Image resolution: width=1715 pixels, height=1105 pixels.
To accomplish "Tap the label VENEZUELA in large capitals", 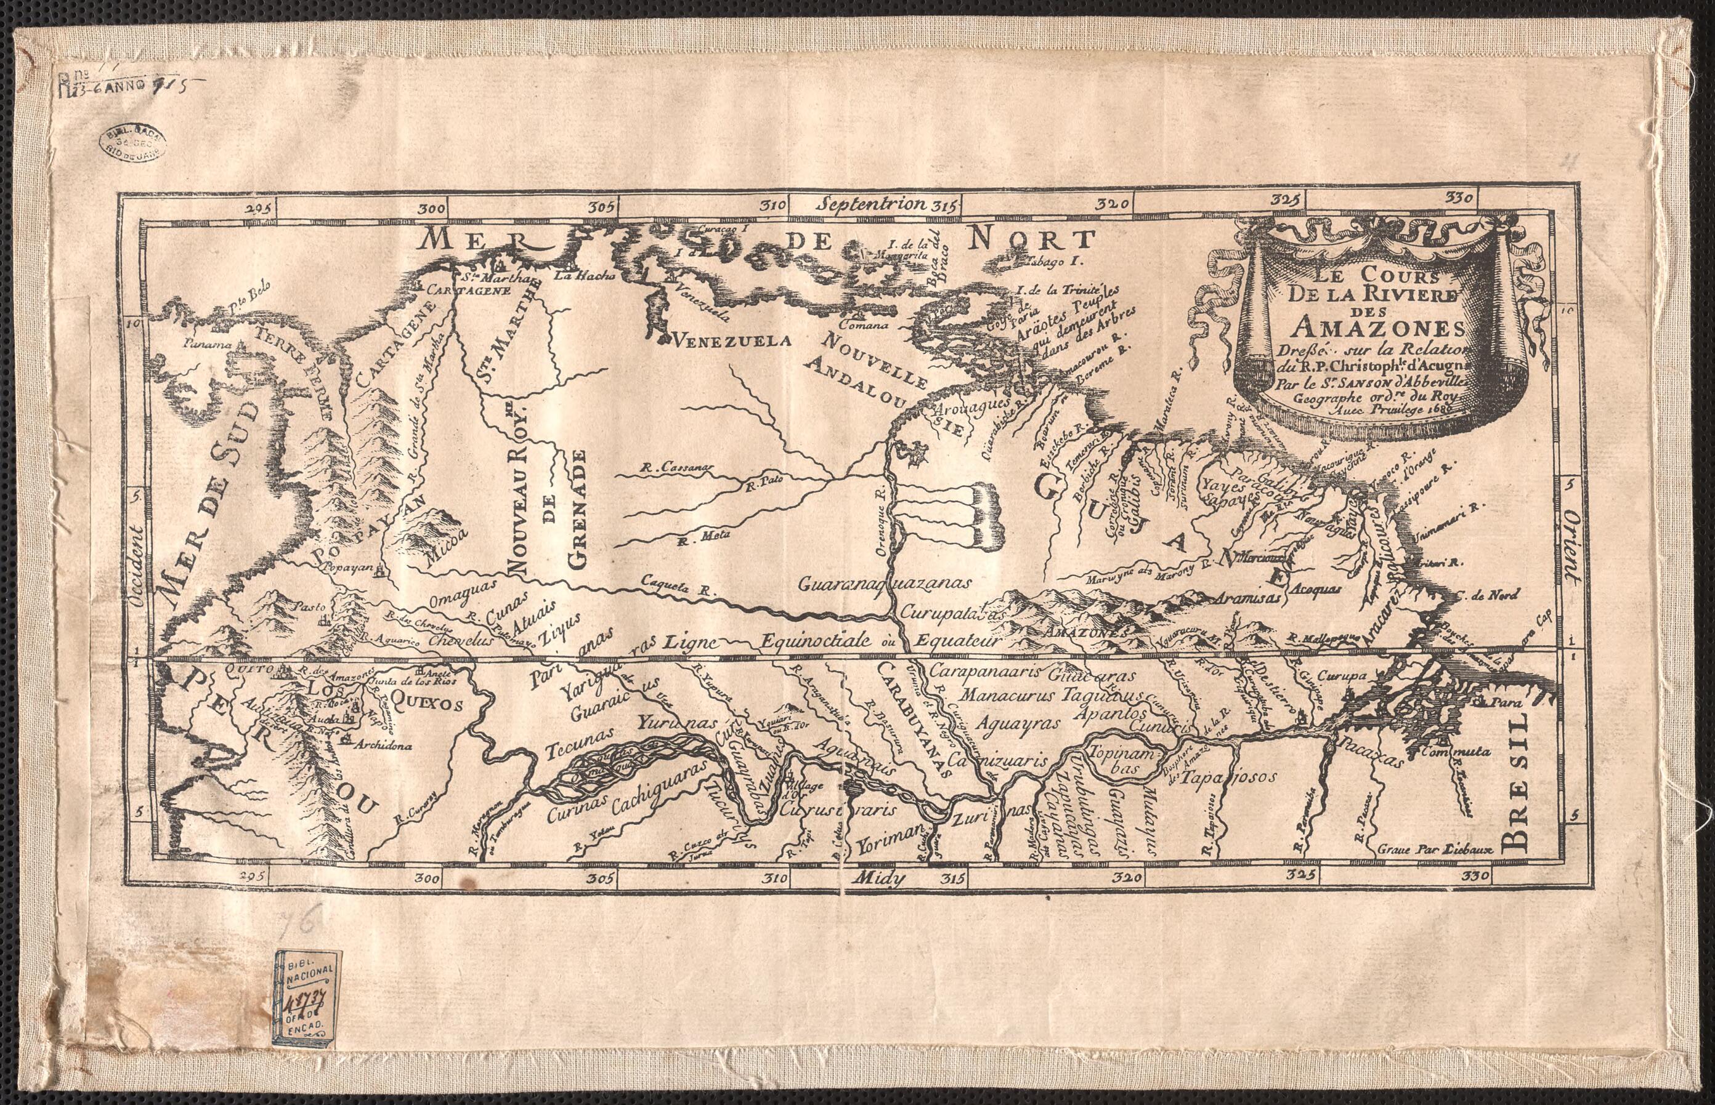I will (729, 338).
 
